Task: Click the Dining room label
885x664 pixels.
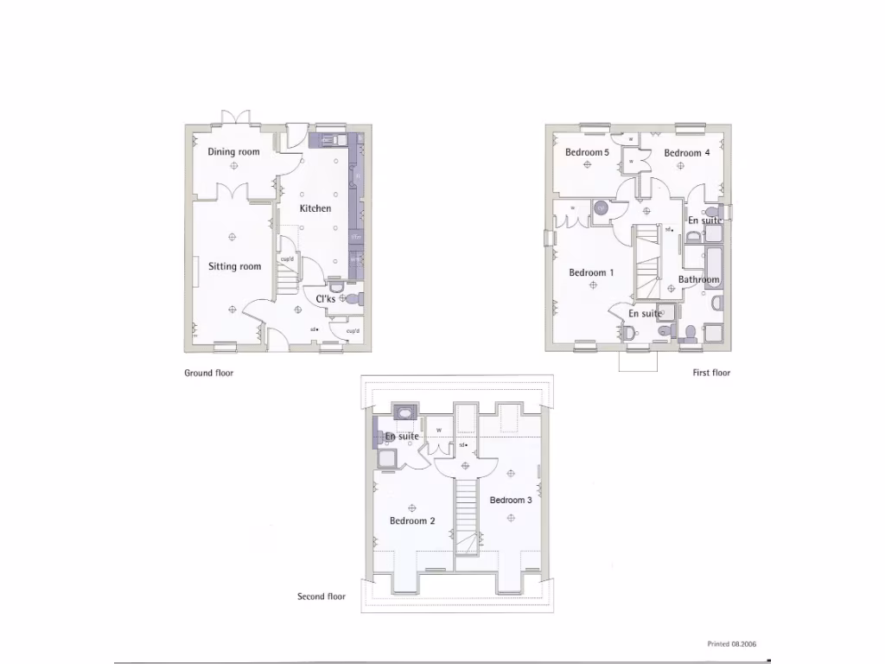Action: pos(233,152)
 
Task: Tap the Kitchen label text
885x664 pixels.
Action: pos(315,208)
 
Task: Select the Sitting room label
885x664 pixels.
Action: pos(234,266)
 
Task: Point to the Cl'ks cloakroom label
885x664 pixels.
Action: pos(325,299)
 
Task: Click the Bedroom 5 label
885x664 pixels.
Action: pos(587,153)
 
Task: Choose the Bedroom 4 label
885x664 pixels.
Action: pos(687,153)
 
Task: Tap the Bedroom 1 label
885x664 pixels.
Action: pos(591,273)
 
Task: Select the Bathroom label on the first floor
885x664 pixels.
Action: pos(698,279)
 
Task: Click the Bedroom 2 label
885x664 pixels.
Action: pos(412,520)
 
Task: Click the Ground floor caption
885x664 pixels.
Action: pos(208,373)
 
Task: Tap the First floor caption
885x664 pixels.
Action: pos(711,373)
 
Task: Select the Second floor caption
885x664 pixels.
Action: pos(322,597)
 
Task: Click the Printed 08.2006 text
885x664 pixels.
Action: pos(731,644)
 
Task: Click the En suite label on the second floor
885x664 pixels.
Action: pos(402,437)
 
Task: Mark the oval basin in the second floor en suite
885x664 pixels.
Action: pos(404,413)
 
